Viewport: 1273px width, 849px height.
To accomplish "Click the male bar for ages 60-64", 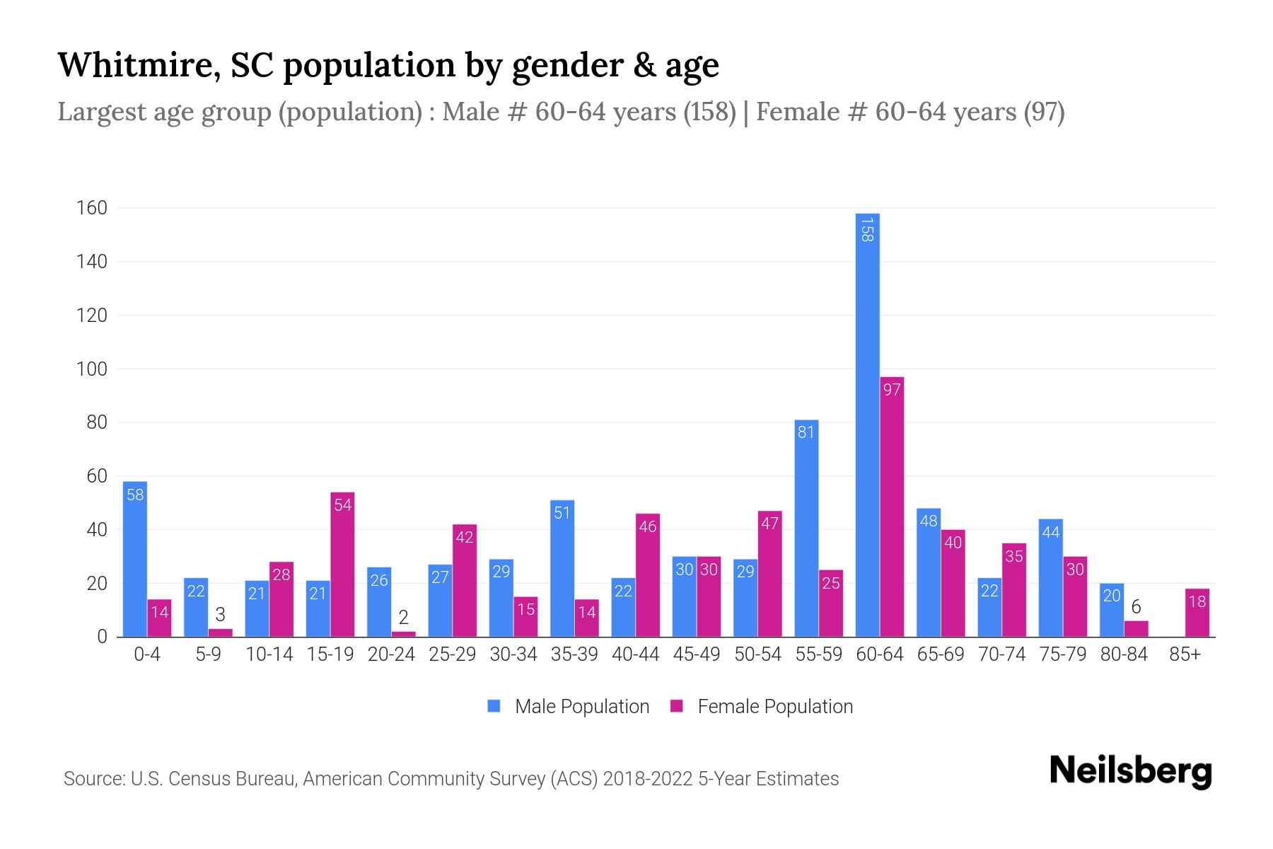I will coord(867,424).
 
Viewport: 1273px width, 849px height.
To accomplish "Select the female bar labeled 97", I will coord(892,507).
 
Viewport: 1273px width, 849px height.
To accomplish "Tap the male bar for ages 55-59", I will coord(806,528).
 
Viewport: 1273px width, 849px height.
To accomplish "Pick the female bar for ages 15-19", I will coord(342,564).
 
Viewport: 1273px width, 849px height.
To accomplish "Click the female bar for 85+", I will coord(1197,613).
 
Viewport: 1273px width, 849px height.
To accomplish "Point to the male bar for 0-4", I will coord(135,559).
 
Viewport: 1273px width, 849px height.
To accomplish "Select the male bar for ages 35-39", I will coord(562,568).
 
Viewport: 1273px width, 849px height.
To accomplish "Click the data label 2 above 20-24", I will coord(403,618).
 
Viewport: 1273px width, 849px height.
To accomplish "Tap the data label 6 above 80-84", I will coord(1136,607).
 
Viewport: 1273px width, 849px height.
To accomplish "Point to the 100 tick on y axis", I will coord(92,369).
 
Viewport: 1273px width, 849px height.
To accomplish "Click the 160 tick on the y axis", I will coord(92,208).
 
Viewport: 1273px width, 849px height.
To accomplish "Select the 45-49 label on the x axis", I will coord(697,654).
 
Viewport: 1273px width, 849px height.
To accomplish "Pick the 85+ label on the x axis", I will coord(1185,654).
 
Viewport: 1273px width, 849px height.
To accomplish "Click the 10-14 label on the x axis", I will coord(269,654).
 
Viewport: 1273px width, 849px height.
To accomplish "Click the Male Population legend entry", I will coord(569,706).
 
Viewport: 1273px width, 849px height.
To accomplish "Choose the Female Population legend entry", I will coord(762,706).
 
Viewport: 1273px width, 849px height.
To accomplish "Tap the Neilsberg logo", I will coord(1130,771).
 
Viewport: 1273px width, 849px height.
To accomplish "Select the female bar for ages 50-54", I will coord(769,574).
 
